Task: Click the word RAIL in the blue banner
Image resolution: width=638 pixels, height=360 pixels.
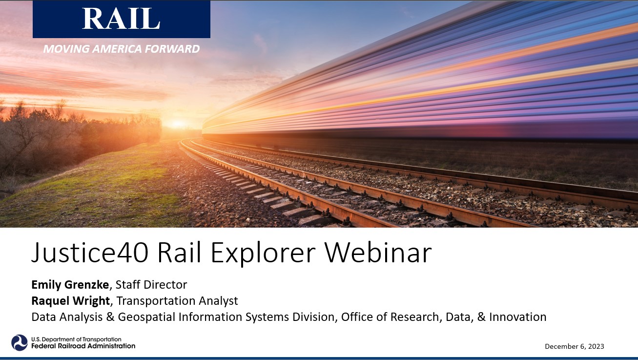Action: pyautogui.click(x=121, y=19)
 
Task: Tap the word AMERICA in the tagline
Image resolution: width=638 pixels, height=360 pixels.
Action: pyautogui.click(x=117, y=49)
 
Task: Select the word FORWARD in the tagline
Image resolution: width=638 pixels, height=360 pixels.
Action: pyautogui.click(x=172, y=49)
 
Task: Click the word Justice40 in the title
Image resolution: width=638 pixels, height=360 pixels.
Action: pyautogui.click(x=90, y=253)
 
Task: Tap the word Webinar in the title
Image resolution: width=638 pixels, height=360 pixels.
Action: pyautogui.click(x=378, y=252)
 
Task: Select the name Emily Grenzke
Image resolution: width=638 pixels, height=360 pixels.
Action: pyautogui.click(x=70, y=284)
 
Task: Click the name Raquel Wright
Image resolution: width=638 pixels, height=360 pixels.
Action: pyautogui.click(x=71, y=301)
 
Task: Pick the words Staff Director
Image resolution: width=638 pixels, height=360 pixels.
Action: pyautogui.click(x=151, y=284)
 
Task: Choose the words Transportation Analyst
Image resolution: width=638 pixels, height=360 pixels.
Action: pyautogui.click(x=177, y=301)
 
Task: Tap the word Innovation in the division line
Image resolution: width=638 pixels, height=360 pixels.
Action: pyautogui.click(x=518, y=317)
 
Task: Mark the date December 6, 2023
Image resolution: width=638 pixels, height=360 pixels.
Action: pyautogui.click(x=574, y=346)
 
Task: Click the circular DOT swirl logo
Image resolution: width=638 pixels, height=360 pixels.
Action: pyautogui.click(x=20, y=342)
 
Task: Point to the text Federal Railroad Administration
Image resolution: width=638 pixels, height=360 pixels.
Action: pyautogui.click(x=83, y=346)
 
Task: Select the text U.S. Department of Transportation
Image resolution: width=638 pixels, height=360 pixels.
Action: pyautogui.click(x=76, y=339)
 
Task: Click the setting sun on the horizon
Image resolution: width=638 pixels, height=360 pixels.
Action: pyautogui.click(x=178, y=124)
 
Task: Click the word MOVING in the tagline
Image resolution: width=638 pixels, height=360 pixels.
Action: pyautogui.click(x=66, y=49)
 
